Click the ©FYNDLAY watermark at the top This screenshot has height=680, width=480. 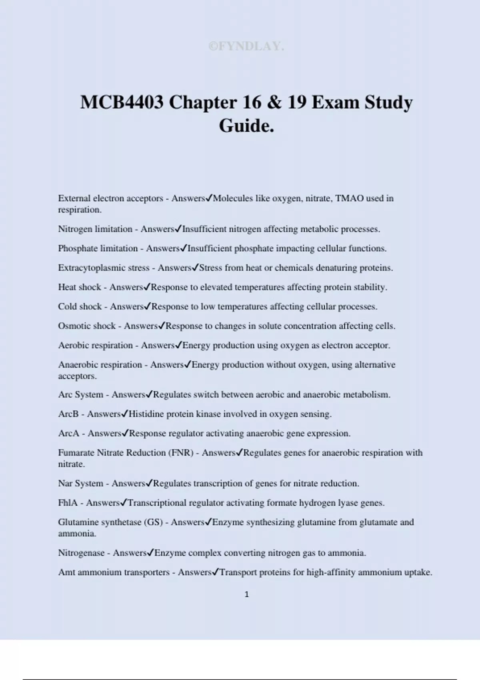coord(246,46)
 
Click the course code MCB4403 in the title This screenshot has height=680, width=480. coord(122,102)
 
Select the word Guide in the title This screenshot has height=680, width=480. coord(244,126)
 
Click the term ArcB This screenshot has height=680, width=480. coord(68,414)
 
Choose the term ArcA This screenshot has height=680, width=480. coord(69,433)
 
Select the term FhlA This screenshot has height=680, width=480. coord(68,503)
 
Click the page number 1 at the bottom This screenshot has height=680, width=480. coord(246,594)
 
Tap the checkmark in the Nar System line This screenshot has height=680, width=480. coord(149,483)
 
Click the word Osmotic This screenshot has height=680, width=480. coord(72,326)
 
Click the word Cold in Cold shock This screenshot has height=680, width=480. coord(67,306)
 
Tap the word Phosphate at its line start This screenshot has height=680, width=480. coord(78,248)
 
